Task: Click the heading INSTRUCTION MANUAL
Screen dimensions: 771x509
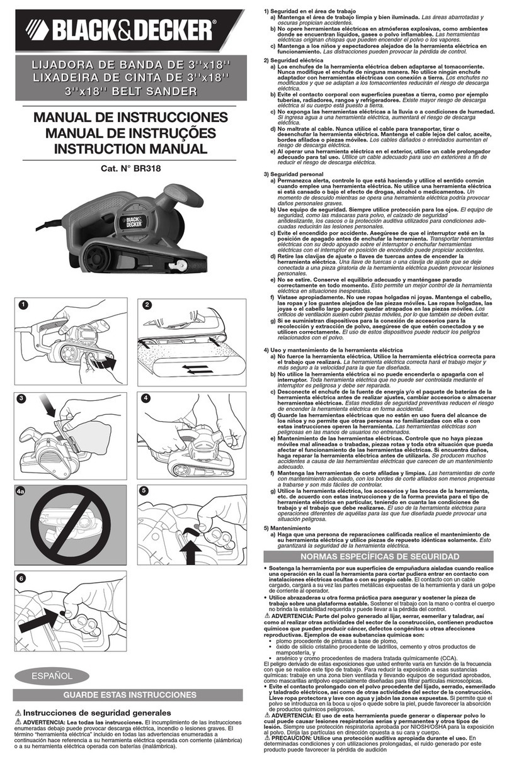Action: click(130, 149)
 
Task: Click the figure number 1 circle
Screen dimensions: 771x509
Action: click(23, 305)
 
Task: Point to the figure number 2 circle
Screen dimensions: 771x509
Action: click(147, 305)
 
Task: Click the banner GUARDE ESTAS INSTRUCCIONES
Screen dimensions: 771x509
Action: click(130, 695)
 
